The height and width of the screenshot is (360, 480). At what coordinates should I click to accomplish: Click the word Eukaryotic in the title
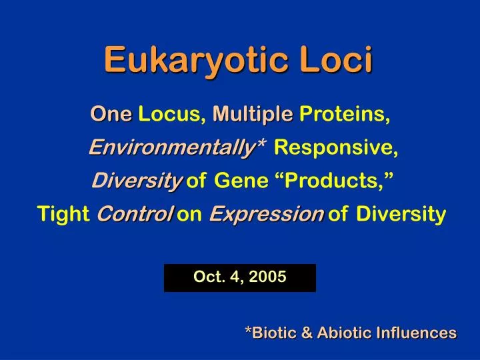click(196, 60)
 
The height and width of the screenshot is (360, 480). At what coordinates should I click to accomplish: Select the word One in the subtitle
click(111, 114)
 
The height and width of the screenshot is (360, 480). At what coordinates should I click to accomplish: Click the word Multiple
click(253, 115)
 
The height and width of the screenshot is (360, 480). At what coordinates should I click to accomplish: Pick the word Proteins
click(345, 114)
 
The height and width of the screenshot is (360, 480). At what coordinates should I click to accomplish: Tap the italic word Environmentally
click(172, 147)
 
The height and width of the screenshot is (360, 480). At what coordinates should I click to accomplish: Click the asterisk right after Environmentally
click(262, 143)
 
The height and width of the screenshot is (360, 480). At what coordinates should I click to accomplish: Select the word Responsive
click(336, 147)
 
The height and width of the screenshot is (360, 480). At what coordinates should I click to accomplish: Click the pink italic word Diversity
click(137, 181)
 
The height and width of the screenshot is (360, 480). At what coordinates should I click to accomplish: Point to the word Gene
click(241, 180)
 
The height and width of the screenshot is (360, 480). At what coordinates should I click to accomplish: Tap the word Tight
click(63, 213)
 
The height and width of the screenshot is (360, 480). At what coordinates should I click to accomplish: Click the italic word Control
click(135, 213)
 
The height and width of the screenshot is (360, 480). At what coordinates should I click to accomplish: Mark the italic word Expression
click(266, 214)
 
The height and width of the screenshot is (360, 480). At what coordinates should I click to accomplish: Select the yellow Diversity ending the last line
click(401, 214)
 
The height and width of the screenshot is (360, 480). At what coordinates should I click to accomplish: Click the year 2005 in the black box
click(267, 277)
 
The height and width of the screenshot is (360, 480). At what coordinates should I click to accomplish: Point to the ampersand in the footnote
click(307, 333)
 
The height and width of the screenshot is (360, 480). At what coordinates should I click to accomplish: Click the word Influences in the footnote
click(417, 333)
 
